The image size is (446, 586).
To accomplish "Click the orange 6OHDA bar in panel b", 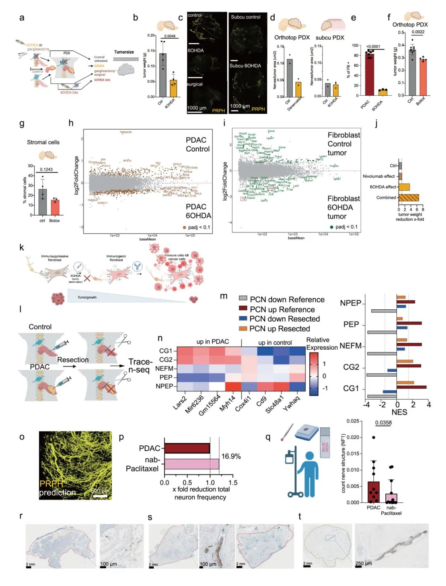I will (173, 88).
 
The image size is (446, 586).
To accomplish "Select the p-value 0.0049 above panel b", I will (170, 36).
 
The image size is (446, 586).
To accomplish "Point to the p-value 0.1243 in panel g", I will (46, 169).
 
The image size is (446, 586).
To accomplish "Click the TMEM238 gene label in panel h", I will (126, 132).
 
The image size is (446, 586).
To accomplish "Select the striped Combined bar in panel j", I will (409, 198).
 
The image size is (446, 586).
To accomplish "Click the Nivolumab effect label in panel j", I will (379, 176).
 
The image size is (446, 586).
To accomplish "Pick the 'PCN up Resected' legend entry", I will (280, 329).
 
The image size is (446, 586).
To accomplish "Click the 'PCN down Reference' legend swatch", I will (243, 299).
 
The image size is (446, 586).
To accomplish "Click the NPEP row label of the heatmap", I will (164, 386).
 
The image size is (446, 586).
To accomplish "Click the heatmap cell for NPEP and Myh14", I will (233, 386).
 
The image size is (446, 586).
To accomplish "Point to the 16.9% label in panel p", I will (231, 457).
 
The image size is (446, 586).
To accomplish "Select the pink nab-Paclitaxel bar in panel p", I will (192, 464).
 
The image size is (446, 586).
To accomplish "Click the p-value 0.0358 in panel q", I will (383, 423).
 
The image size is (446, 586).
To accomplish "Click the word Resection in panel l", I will (73, 360).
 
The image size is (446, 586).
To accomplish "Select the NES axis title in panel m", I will (399, 412).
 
